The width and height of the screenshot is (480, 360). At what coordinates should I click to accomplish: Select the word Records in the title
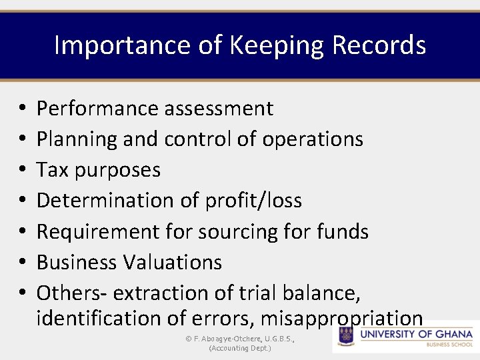379,45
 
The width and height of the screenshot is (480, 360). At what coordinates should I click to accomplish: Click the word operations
313,139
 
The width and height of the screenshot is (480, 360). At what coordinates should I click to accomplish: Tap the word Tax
53,169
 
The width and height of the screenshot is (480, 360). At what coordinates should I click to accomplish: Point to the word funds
343,231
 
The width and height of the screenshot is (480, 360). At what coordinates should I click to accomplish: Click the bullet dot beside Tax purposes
23,170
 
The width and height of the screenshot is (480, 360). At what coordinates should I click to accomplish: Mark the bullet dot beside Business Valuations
23,263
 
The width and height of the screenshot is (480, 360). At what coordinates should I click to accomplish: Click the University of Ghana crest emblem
345,335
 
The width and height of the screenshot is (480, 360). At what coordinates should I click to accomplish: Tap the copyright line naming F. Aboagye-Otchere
240,339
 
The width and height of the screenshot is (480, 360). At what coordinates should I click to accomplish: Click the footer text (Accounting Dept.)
240,348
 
